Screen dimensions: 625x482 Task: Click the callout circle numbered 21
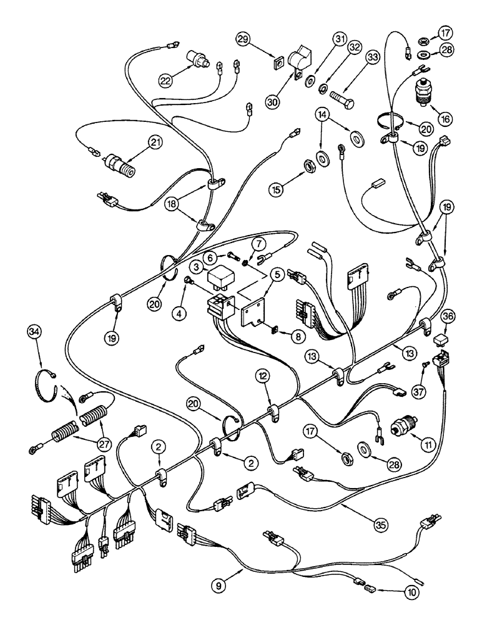click(x=152, y=143)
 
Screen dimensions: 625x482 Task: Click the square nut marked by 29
click(x=275, y=62)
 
